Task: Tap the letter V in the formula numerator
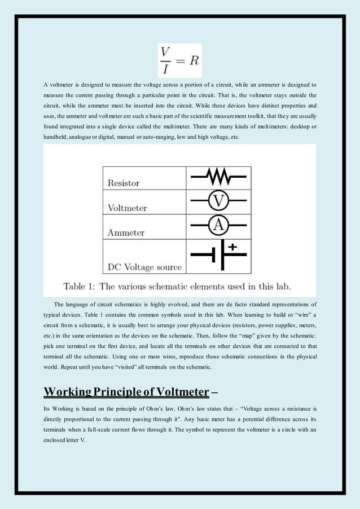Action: pyautogui.click(x=165, y=51)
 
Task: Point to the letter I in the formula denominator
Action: pyautogui.click(x=165, y=69)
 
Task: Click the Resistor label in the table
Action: pyautogui.click(x=124, y=183)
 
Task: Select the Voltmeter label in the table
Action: pyautogui.click(x=127, y=208)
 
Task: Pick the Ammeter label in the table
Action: pyautogui.click(x=126, y=232)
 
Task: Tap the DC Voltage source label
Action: pyautogui.click(x=144, y=267)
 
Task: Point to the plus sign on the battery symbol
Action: pyautogui.click(x=232, y=247)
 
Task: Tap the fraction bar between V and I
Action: pyautogui.click(x=165, y=59)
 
